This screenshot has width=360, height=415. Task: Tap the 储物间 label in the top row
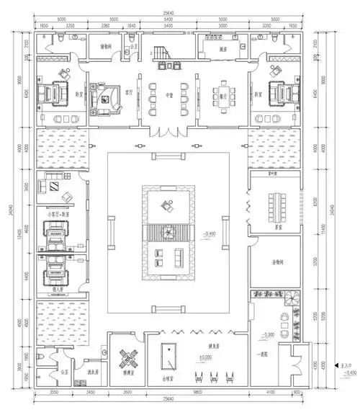pos(105,46)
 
